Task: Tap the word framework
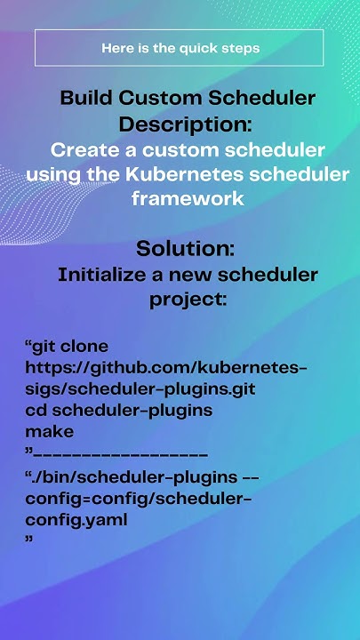tap(187, 198)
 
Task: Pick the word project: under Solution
tap(187, 300)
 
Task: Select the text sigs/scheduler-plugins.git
tap(140, 388)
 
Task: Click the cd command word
tap(36, 410)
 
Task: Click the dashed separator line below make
tap(121, 453)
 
